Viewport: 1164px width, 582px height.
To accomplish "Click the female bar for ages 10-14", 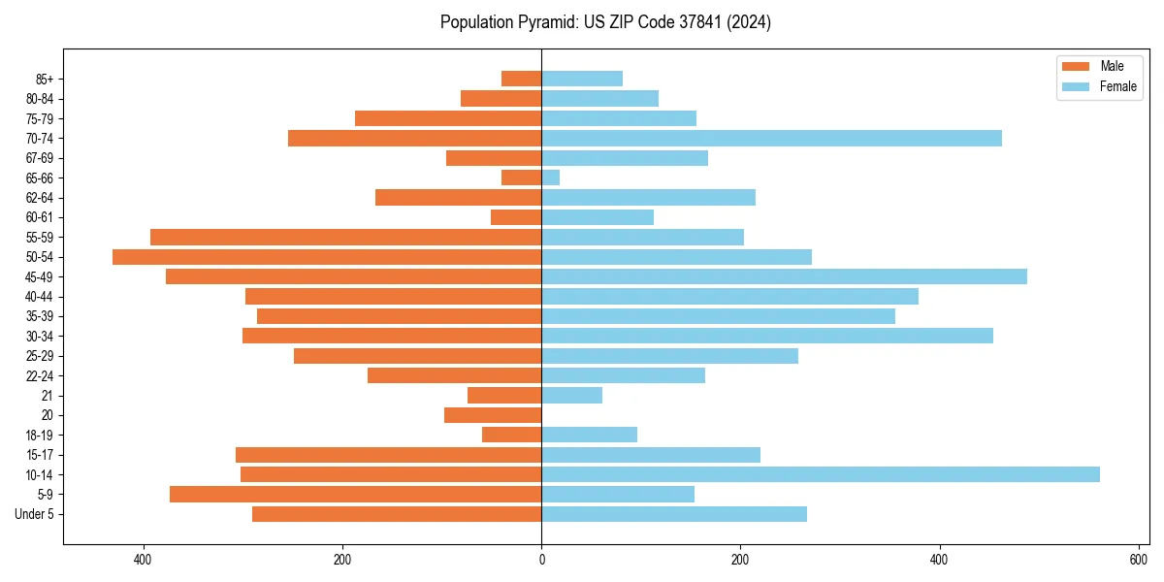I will (x=820, y=474).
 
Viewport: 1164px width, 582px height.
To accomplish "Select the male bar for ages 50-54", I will (x=327, y=257).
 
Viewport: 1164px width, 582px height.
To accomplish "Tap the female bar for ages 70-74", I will (x=771, y=138).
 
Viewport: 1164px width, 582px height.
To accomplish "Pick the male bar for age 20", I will (x=493, y=415).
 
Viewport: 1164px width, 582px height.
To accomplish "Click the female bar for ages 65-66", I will (x=551, y=178).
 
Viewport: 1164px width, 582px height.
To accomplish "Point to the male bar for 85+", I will (x=522, y=79).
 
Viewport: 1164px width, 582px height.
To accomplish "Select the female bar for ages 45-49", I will (x=784, y=276).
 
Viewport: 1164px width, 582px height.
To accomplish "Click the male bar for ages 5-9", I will (x=355, y=495).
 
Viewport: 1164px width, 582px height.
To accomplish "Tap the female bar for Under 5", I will (x=674, y=514).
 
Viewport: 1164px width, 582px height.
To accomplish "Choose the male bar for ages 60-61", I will (x=516, y=217).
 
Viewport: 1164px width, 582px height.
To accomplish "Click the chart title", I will (x=605, y=22).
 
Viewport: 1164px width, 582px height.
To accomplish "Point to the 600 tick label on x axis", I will (x=1138, y=560).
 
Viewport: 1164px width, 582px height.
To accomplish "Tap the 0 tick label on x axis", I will (x=541, y=560).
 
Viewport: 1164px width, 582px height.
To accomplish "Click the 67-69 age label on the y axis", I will (x=40, y=158).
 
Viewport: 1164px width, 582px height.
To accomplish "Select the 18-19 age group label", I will (x=40, y=436).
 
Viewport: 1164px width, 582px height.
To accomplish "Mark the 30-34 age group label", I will (x=40, y=337).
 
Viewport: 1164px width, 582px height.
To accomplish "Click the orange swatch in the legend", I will (x=1076, y=66).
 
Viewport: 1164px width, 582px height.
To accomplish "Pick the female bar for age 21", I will (x=571, y=396).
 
